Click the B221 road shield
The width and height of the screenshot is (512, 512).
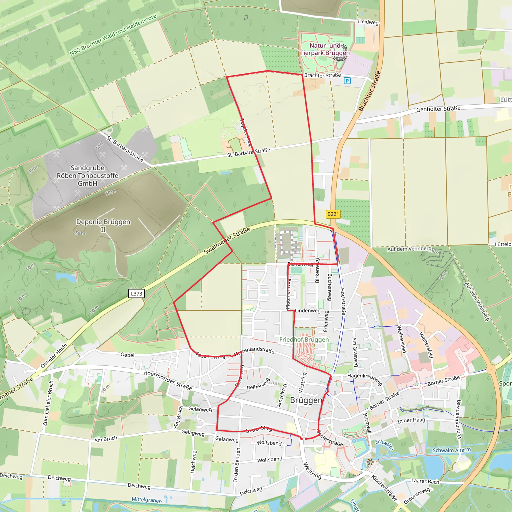(x=333, y=214)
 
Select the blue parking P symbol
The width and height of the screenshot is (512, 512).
(x=347, y=81)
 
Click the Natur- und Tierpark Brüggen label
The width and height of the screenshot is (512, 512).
(x=325, y=49)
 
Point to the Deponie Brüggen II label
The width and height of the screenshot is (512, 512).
(x=103, y=225)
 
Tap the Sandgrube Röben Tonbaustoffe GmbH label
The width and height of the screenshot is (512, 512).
(x=87, y=175)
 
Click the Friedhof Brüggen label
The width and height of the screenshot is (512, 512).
(x=304, y=339)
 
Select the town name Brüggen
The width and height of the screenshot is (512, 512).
(x=306, y=400)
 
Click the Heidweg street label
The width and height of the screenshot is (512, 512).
(x=368, y=22)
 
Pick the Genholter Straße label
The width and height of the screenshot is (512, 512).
(x=438, y=109)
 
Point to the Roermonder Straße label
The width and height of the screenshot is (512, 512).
(x=168, y=380)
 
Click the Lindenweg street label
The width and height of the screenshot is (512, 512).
(x=308, y=310)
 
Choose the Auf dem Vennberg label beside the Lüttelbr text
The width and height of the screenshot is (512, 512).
(x=409, y=249)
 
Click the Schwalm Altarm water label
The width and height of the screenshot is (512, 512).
(x=451, y=450)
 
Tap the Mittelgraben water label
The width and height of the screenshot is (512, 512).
(x=146, y=500)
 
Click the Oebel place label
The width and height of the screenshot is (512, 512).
(x=127, y=355)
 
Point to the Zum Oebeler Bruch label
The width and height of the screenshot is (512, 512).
(x=48, y=403)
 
